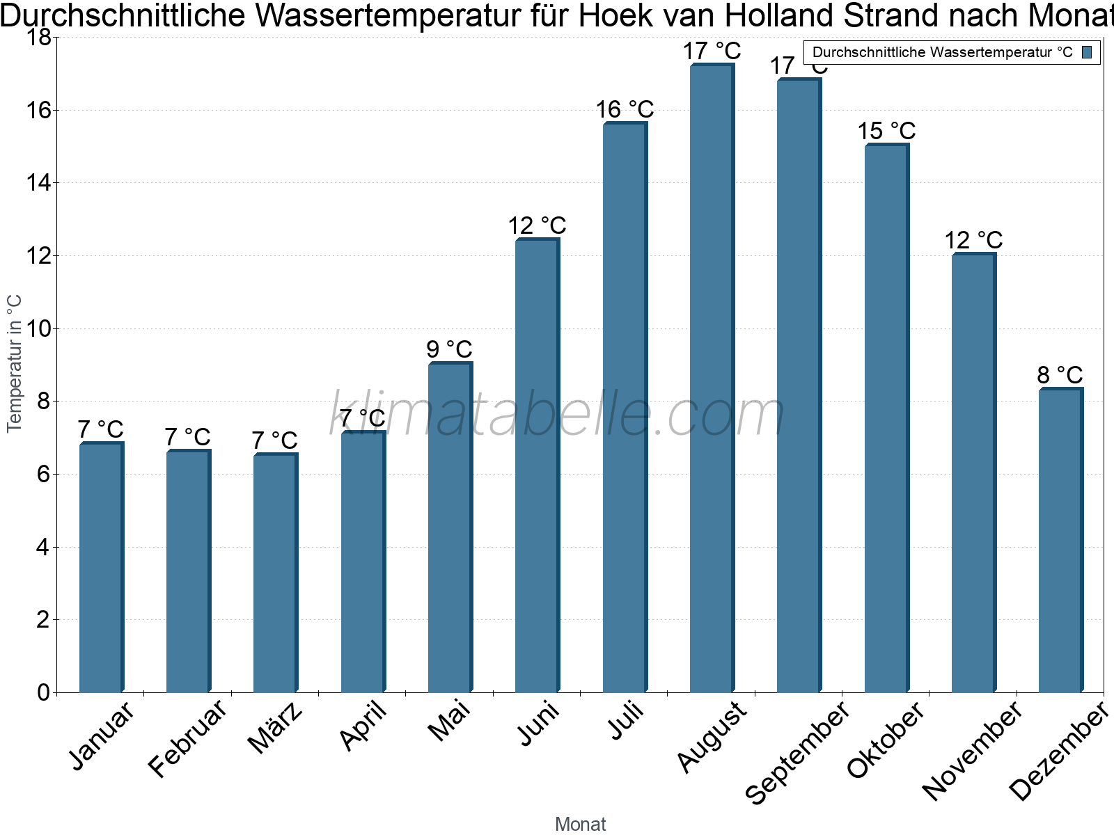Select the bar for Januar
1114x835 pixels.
pyautogui.click(x=101, y=567)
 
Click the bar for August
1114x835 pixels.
pyautogui.click(x=712, y=379)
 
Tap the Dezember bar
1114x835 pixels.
pyautogui.click(x=1060, y=540)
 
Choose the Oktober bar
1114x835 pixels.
pyautogui.click(x=886, y=418)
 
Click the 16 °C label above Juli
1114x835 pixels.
pyautogui.click(x=625, y=109)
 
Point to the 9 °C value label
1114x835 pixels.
pyautogui.click(x=449, y=349)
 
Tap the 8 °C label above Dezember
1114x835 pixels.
pyautogui.click(x=1060, y=375)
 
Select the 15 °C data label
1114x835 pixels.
pyautogui.click(x=886, y=131)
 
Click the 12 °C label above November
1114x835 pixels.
pyautogui.click(x=973, y=240)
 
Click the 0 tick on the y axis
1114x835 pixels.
pyautogui.click(x=43, y=692)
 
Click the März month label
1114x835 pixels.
pyautogui.click(x=276, y=727)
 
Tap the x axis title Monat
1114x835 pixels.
pyautogui.click(x=580, y=824)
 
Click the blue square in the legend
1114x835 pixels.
pyautogui.click(x=1087, y=52)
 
